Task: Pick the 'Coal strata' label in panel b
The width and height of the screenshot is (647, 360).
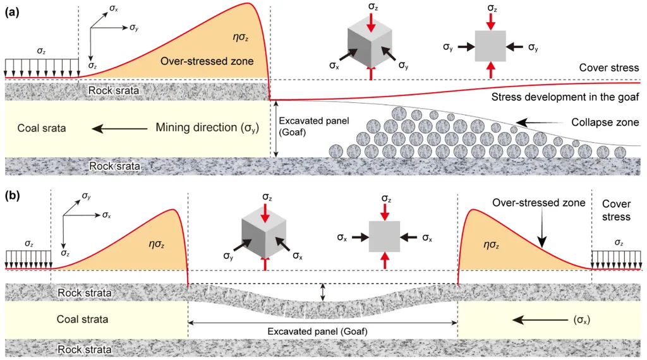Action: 82,319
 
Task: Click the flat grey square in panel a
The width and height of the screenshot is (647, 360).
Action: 491,46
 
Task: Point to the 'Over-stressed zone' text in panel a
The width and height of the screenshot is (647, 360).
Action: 207,61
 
